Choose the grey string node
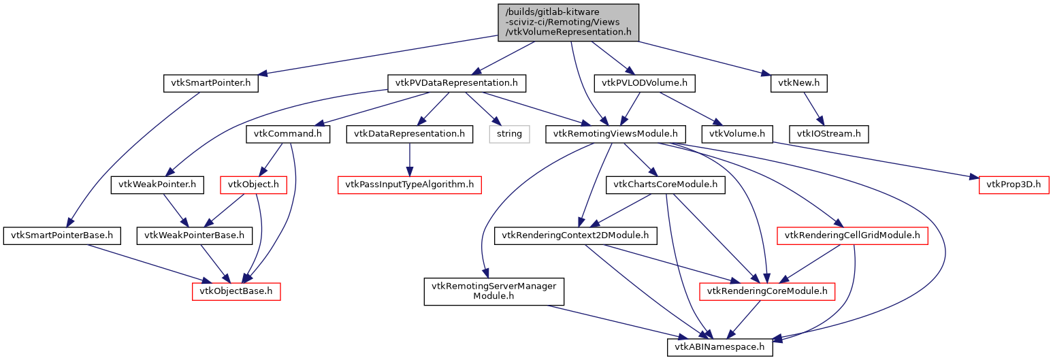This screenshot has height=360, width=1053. (509, 134)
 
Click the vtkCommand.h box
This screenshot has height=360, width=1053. (288, 134)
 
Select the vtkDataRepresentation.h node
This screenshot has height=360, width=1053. (409, 134)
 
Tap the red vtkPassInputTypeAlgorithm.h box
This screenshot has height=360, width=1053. (410, 184)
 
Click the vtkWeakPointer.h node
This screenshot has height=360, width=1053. (158, 184)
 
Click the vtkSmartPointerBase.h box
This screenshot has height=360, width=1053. (62, 236)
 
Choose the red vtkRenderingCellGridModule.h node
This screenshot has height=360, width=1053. (853, 236)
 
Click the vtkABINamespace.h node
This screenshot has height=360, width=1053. (719, 347)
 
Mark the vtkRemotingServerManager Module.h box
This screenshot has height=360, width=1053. (491, 291)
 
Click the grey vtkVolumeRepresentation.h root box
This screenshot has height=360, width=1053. (568, 21)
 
